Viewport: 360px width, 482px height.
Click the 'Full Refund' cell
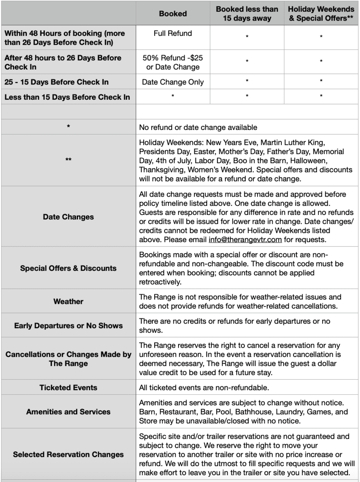pyautogui.click(x=173, y=33)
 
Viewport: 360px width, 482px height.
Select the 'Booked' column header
pyautogui.click(x=173, y=14)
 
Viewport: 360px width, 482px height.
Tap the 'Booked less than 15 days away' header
pyautogui.click(x=247, y=14)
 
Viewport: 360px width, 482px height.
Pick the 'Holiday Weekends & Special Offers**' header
pyautogui.click(x=321, y=14)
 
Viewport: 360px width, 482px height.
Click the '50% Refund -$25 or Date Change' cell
pyautogui.click(x=173, y=62)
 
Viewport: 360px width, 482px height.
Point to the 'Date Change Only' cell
pyautogui.click(x=173, y=82)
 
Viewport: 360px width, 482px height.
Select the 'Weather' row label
pyautogui.click(x=68, y=302)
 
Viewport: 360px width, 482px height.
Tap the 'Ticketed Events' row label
pyautogui.click(x=68, y=388)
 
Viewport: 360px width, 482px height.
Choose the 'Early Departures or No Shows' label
pyautogui.click(x=68, y=326)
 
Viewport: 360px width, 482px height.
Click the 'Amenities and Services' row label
pyautogui.click(x=68, y=412)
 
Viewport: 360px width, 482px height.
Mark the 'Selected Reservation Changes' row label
pyautogui.click(x=68, y=454)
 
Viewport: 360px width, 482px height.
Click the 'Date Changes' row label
pyautogui.click(x=68, y=217)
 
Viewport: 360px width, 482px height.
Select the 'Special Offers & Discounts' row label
pyautogui.click(x=68, y=268)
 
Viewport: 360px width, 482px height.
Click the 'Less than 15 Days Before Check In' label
pyautogui.click(x=67, y=97)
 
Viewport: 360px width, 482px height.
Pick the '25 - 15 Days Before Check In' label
pyautogui.click(x=56, y=82)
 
